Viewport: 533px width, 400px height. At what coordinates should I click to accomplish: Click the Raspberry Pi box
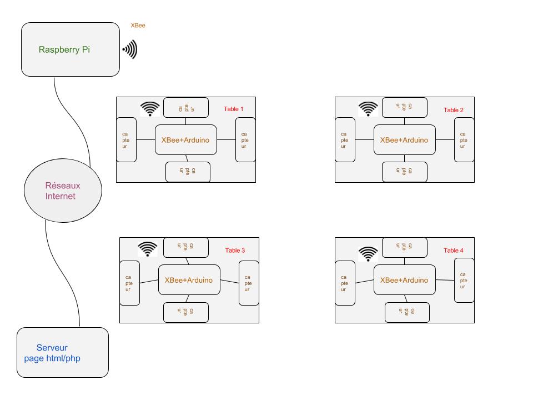(71, 49)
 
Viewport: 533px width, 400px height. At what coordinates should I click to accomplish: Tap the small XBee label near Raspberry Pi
(138, 26)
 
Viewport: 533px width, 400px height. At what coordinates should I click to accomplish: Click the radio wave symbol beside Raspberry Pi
(130, 50)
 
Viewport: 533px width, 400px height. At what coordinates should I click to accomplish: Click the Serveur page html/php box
(63, 353)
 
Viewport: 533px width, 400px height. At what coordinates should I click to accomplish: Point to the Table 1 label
(233, 109)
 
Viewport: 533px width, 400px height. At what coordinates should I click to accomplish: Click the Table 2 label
(453, 110)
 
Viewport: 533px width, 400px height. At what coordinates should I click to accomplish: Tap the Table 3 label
(235, 251)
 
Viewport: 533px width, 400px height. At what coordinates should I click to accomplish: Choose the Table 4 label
(453, 251)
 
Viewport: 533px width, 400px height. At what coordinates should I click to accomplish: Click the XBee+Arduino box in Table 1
(185, 140)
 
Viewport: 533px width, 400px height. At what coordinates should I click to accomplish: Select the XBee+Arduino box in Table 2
(404, 140)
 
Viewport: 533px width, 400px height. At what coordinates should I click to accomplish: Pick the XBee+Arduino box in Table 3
(189, 280)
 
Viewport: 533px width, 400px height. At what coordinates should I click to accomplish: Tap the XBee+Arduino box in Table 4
(404, 280)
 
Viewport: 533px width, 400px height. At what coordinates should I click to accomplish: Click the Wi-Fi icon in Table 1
(149, 109)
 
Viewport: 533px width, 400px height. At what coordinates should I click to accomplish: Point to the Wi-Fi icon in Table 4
(368, 253)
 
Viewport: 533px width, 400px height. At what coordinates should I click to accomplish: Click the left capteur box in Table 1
(126, 139)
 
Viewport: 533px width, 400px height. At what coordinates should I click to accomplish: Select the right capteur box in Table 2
(464, 139)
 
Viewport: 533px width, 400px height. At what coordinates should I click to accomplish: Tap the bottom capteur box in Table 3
(186, 312)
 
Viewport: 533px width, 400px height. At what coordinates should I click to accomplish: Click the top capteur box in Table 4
(405, 247)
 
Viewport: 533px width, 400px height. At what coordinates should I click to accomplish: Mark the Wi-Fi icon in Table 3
(148, 249)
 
